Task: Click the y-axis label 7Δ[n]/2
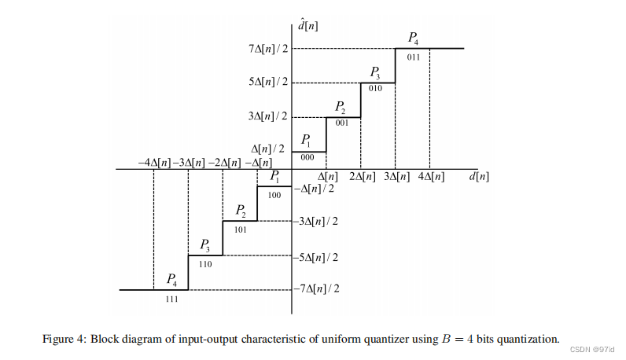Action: pos(265,49)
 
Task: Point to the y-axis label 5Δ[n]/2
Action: pos(265,83)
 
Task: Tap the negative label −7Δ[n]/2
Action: pos(317,289)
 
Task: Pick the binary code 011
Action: pos(413,57)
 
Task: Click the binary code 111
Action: pos(171,299)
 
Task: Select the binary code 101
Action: pos(240,230)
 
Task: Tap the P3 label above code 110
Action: pos(204,245)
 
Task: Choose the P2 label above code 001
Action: pos(341,107)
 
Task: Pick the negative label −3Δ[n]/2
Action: pos(317,221)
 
